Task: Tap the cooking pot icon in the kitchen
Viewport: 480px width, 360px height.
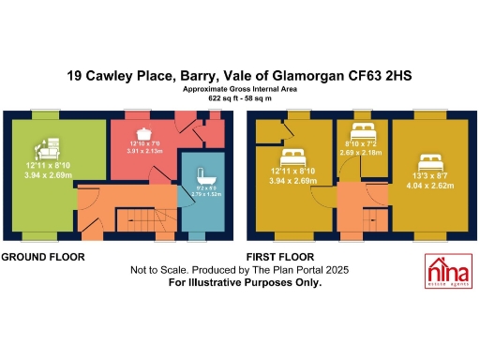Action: click(145, 134)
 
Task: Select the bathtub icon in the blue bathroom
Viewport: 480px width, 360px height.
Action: click(202, 176)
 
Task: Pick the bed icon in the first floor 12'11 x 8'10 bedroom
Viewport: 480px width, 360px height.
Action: click(294, 153)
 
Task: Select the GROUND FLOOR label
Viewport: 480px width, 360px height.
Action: click(42, 256)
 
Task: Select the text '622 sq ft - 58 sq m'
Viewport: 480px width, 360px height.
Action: click(241, 97)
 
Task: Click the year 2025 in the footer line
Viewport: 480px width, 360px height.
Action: click(333, 270)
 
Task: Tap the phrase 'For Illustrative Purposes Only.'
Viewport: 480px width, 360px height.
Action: click(244, 281)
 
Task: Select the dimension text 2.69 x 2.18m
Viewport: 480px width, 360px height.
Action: click(364, 151)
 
